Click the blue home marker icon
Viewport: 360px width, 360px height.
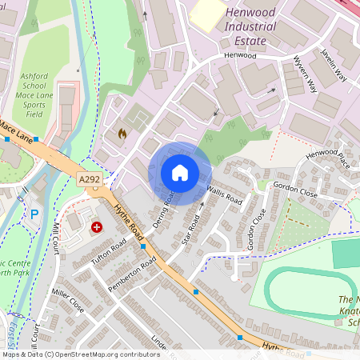[x=180, y=173]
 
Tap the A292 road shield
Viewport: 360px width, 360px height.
[x=90, y=181]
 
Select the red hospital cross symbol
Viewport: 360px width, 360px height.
[x=98, y=227]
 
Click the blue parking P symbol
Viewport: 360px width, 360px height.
[x=34, y=214]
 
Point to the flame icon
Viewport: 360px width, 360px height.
[x=122, y=133]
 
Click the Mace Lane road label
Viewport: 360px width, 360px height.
[x=16, y=130]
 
